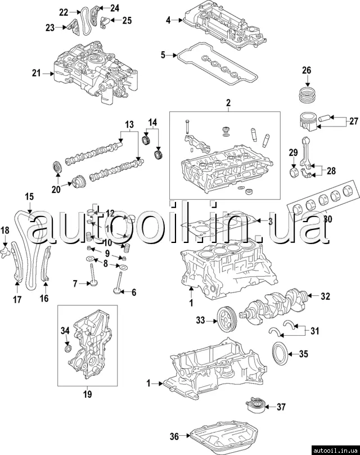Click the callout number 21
(x=37, y=74)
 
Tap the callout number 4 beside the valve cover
(x=168, y=21)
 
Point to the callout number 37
(x=281, y=407)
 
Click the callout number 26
(x=307, y=70)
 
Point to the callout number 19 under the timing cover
(x=87, y=394)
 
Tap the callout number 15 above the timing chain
(x=29, y=196)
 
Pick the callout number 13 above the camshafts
(x=129, y=123)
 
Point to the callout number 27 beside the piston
(x=353, y=120)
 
